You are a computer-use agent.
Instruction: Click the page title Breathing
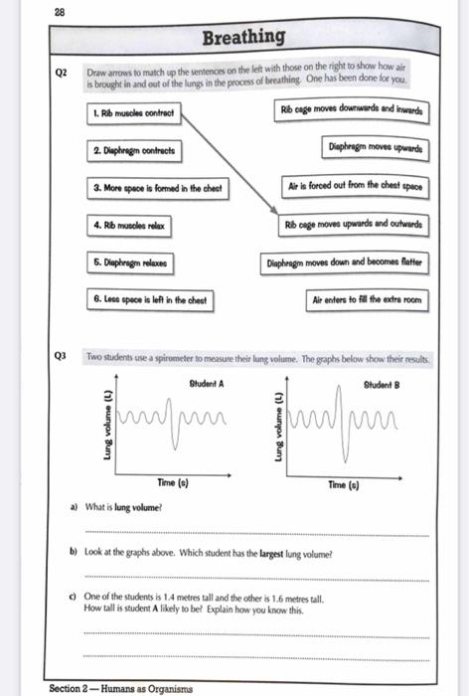click(243, 38)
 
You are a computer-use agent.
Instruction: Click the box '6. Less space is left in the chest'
click(149, 299)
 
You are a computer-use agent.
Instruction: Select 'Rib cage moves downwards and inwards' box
click(352, 110)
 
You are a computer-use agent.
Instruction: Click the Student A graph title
click(206, 383)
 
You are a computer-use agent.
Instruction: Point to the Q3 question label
click(62, 355)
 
